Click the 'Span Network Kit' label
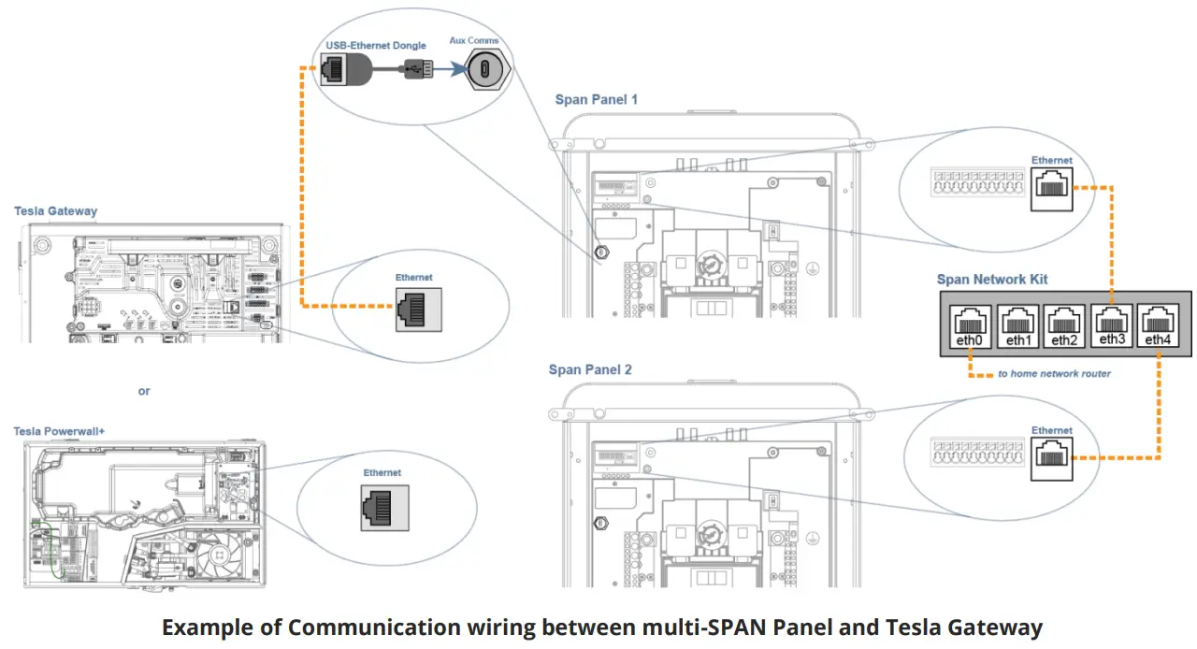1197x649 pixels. pos(992,280)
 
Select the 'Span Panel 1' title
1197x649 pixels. pos(597,99)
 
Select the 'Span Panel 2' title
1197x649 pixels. pos(590,369)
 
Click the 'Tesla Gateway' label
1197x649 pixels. pos(55,211)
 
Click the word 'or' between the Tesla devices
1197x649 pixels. pos(144,391)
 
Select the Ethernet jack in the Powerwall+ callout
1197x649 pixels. pos(380,507)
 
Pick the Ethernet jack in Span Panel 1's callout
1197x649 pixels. pos(1052,192)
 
